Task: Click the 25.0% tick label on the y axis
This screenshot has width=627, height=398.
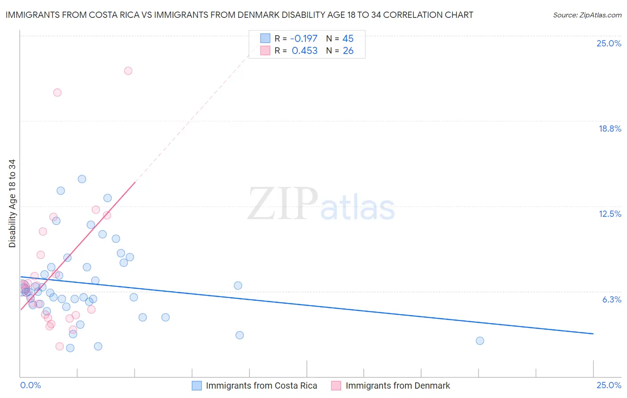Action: pyautogui.click(x=609, y=43)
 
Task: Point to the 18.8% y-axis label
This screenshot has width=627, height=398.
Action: pyautogui.click(x=610, y=129)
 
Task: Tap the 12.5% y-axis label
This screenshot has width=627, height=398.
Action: pyautogui.click(x=610, y=214)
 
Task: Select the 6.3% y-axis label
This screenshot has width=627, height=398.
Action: pyautogui.click(x=611, y=299)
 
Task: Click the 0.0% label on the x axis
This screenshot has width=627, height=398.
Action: pyautogui.click(x=30, y=385)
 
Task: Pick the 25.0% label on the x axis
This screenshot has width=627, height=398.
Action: pyautogui.click(x=609, y=385)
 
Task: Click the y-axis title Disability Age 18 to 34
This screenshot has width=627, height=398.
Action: pyautogui.click(x=12, y=203)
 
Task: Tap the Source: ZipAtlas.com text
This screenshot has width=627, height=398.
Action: pyautogui.click(x=587, y=15)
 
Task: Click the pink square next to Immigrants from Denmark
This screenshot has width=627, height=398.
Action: pyautogui.click(x=336, y=386)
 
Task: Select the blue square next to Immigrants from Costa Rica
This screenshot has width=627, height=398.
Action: pyautogui.click(x=197, y=386)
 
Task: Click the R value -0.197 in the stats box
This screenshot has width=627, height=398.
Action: pyautogui.click(x=304, y=38)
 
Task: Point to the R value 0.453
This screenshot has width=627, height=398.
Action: pyautogui.click(x=305, y=51)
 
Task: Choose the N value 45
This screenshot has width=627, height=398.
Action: pyautogui.click(x=348, y=38)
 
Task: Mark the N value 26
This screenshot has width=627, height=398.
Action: pyautogui.click(x=348, y=51)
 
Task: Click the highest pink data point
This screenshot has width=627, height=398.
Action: pyautogui.click(x=128, y=70)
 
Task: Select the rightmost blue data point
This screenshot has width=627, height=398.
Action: pyautogui.click(x=480, y=340)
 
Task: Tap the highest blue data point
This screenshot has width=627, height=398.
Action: pyautogui.click(x=82, y=179)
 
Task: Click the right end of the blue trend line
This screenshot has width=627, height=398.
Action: pyautogui.click(x=593, y=334)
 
